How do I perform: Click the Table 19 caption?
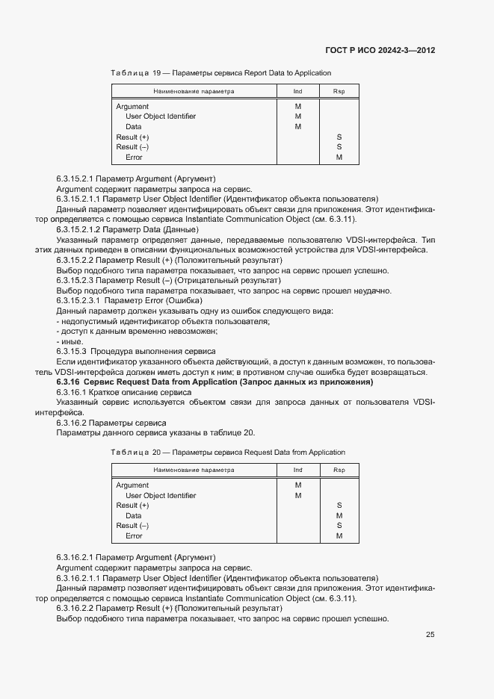[220, 73]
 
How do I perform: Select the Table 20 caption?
[227, 453]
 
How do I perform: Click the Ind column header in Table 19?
[297, 91]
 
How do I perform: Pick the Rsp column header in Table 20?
[339, 470]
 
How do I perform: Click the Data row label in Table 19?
[133, 127]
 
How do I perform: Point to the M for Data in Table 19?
[297, 127]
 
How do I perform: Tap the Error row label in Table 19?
[134, 158]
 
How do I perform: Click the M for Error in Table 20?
[339, 536]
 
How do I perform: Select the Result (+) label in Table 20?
[132, 506]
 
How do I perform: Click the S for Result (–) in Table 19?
[339, 147]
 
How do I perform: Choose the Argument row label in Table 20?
[132, 485]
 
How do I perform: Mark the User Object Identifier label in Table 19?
[161, 116]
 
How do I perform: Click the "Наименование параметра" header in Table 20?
[194, 470]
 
